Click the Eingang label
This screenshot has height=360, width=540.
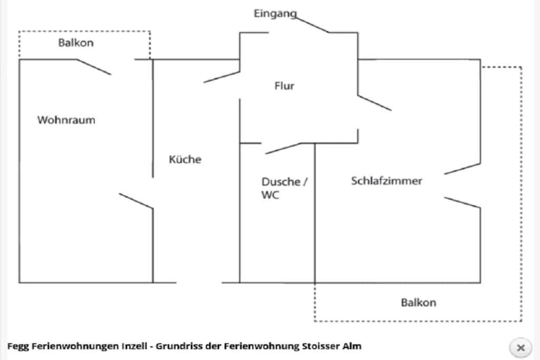pos(275,14)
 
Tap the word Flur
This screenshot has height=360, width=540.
pos(284,86)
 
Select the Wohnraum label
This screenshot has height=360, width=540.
pos(66,120)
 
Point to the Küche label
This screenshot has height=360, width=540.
pos(185,159)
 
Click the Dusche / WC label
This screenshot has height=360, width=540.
pos(284,188)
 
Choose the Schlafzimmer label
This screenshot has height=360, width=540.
pos(387,181)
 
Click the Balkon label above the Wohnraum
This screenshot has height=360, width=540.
pos(76,43)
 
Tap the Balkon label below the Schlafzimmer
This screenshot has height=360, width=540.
pos(418,303)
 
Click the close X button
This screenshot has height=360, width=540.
pos(520,347)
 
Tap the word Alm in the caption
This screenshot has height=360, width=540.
pos(352,346)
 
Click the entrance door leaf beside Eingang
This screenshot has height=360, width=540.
pos(312,25)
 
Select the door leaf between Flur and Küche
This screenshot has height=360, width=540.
pos(222,77)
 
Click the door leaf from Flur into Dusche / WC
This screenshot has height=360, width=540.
pos(283,148)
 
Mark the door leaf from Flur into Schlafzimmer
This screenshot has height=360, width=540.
pos(375,103)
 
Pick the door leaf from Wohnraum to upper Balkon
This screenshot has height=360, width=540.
pos(94,67)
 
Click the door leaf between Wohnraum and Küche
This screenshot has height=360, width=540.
pos(136,201)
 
